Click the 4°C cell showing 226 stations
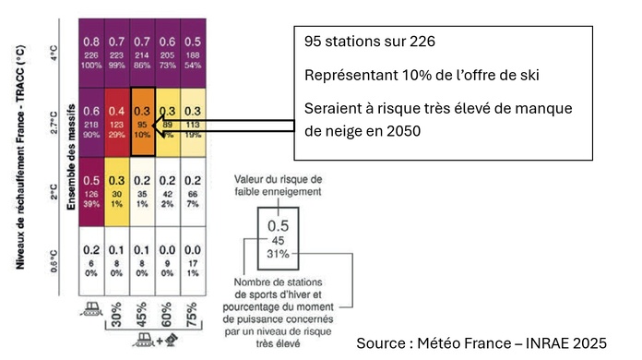pyautogui.click(x=91, y=52)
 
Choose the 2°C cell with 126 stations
pyautogui.click(x=91, y=189)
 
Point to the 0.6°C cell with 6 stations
pyautogui.click(x=91, y=259)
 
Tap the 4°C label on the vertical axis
pyautogui.click(x=53, y=52)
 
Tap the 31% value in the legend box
pyautogui.click(x=279, y=254)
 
